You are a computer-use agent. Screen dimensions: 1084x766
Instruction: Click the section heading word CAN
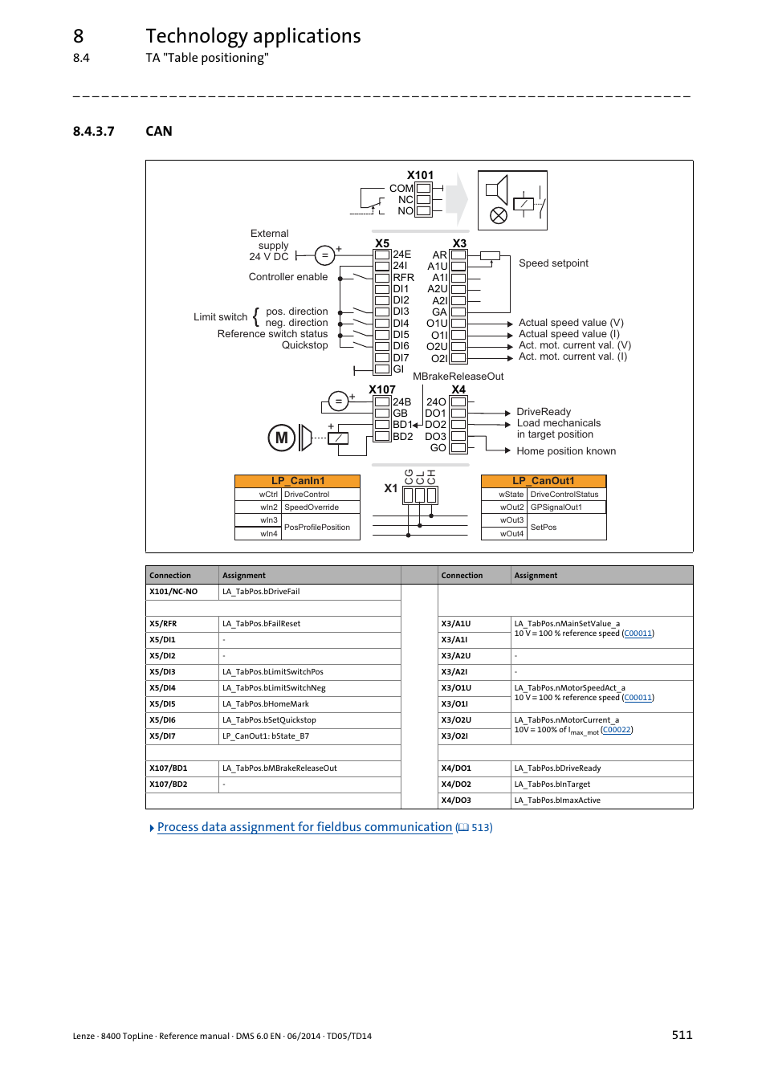pos(159,131)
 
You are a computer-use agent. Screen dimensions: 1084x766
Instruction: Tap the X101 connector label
pos(420,175)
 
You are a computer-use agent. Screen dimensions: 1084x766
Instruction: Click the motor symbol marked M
pos(281,438)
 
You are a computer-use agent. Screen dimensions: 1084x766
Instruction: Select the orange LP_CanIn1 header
pos(297,481)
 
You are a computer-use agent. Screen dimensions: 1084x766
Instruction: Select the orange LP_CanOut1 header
pos(544,481)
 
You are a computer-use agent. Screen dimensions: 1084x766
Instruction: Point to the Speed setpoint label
pos(553,263)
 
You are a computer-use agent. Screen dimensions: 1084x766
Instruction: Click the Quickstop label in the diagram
pos(304,345)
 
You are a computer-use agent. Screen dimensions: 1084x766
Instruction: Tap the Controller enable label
pos(288,277)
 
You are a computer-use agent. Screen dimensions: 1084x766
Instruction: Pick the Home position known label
pos(566,451)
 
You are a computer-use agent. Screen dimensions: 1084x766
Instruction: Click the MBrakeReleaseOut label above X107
pos(458,377)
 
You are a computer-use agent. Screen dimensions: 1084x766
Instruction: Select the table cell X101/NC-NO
pos(173,592)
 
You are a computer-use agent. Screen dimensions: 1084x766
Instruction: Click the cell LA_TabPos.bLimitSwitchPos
pos(273,672)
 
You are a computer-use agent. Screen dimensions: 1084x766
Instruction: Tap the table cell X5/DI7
pos(163,736)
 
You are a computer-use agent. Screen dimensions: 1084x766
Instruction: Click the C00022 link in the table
pos(617,730)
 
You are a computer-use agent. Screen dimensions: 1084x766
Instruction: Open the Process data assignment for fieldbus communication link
pos(304,827)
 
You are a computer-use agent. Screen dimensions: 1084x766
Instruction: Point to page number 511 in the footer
pos(682,1035)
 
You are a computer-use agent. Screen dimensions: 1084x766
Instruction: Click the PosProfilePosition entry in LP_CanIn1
pos(317,528)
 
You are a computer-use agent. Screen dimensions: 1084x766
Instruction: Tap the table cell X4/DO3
pos(456,801)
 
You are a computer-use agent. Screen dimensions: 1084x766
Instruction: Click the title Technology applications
pos(253,36)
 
